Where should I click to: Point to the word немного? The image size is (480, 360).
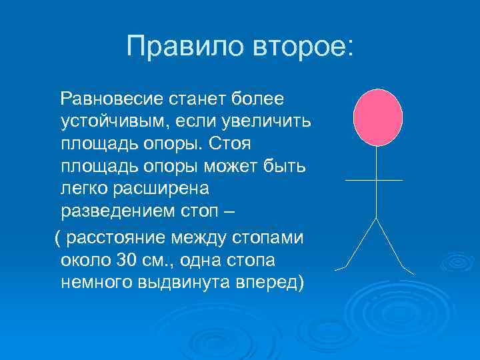[97, 282]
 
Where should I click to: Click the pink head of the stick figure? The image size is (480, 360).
[377, 117]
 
